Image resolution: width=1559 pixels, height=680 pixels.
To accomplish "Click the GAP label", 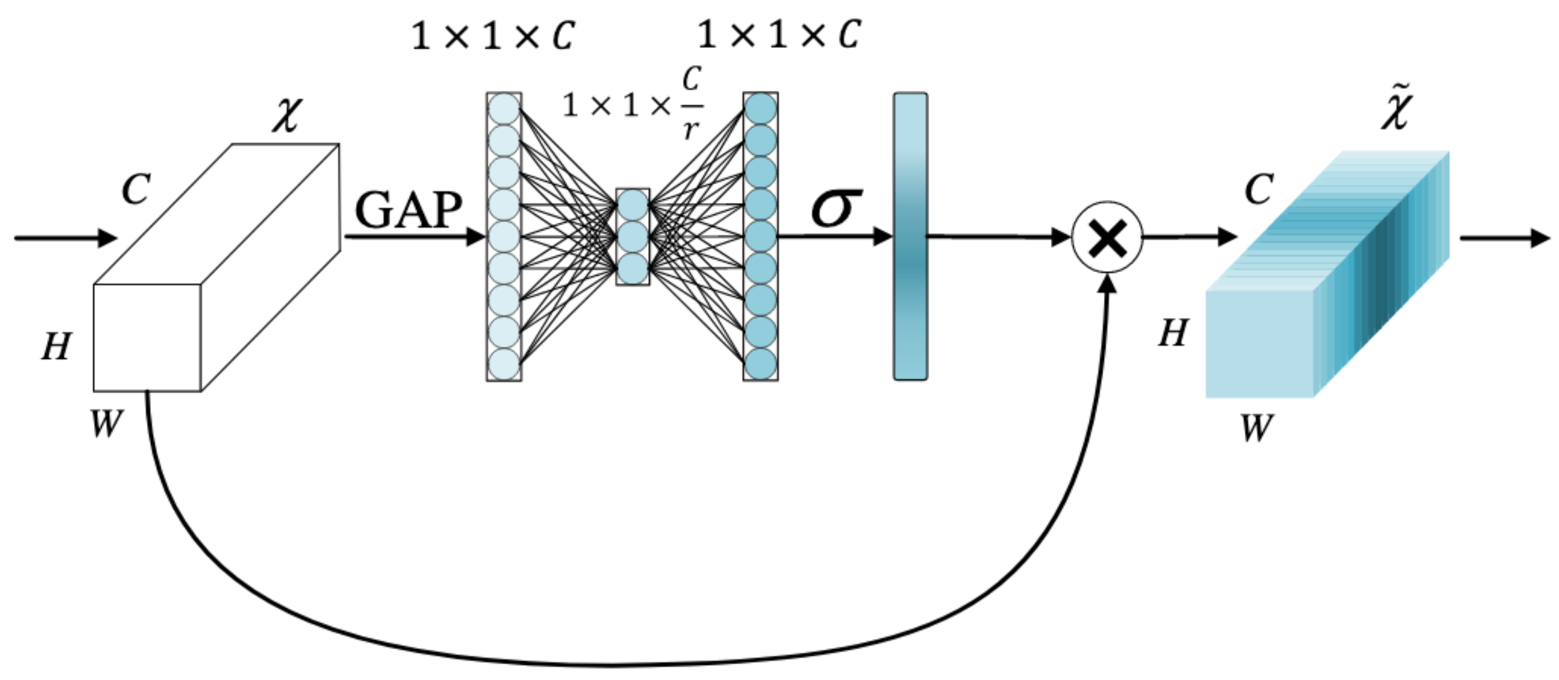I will click(x=408, y=210).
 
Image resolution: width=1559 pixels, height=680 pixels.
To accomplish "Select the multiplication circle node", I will click(x=1107, y=238).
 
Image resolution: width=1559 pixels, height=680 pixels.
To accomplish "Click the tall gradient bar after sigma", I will click(x=910, y=237).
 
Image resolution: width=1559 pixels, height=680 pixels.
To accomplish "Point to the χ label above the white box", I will click(x=287, y=115).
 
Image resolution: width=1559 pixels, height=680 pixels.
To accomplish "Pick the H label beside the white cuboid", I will click(x=57, y=347).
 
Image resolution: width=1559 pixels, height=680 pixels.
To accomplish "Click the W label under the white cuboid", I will click(x=105, y=423).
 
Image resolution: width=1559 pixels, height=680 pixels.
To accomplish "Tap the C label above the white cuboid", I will click(x=136, y=189).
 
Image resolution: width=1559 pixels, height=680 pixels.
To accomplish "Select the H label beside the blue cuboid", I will click(x=1173, y=333).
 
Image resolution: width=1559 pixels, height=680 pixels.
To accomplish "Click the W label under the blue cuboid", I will click(x=1256, y=428).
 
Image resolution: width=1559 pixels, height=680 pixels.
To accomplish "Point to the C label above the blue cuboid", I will click(x=1259, y=189).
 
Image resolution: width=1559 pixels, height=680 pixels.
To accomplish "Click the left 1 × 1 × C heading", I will click(x=492, y=36).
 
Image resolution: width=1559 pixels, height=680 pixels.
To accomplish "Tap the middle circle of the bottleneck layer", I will click(x=632, y=237).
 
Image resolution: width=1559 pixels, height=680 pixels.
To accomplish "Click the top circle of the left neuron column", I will click(x=504, y=109).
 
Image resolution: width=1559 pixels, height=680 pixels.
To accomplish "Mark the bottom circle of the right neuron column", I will click(x=760, y=364).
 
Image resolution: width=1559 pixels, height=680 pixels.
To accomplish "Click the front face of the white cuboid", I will click(x=147, y=338).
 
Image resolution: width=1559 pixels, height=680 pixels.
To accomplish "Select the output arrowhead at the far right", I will click(x=1540, y=238).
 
